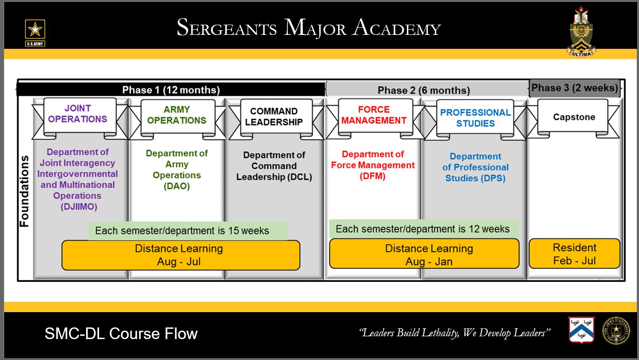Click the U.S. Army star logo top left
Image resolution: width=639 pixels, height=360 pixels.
(35, 33)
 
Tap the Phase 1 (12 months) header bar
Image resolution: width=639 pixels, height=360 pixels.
(171, 90)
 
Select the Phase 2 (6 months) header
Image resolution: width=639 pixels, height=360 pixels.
(424, 90)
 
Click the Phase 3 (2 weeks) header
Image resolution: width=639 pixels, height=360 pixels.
(575, 88)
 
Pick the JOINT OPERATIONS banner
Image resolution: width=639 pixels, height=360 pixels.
(78, 114)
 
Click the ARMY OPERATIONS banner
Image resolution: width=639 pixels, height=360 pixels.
(177, 115)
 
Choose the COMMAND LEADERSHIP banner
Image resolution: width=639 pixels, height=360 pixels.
(274, 117)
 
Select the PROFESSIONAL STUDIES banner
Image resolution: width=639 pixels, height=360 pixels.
(475, 118)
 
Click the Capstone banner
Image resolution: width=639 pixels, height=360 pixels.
(574, 117)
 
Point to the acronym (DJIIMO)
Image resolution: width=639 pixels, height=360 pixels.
(79, 207)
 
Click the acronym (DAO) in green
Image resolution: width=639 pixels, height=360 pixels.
(177, 186)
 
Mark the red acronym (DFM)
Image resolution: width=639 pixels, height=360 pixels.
(373, 176)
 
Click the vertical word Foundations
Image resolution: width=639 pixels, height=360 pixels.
(24, 191)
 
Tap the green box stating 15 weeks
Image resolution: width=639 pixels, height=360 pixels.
(187, 231)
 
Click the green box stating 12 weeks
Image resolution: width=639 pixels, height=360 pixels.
(423, 229)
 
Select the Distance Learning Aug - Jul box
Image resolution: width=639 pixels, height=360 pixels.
(180, 255)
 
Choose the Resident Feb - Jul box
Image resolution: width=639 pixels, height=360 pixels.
(574, 254)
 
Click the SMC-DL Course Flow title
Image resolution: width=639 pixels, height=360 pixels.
(121, 333)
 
